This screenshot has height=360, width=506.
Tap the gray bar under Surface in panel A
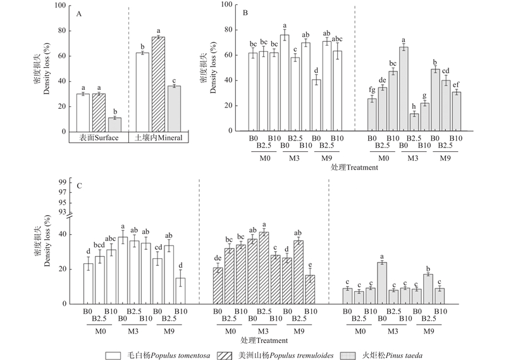tap(114, 124)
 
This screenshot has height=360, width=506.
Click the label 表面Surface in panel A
tap(98, 137)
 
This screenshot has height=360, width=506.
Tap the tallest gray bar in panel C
tap(382, 283)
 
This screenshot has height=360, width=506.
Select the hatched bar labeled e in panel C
tap(309, 289)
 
